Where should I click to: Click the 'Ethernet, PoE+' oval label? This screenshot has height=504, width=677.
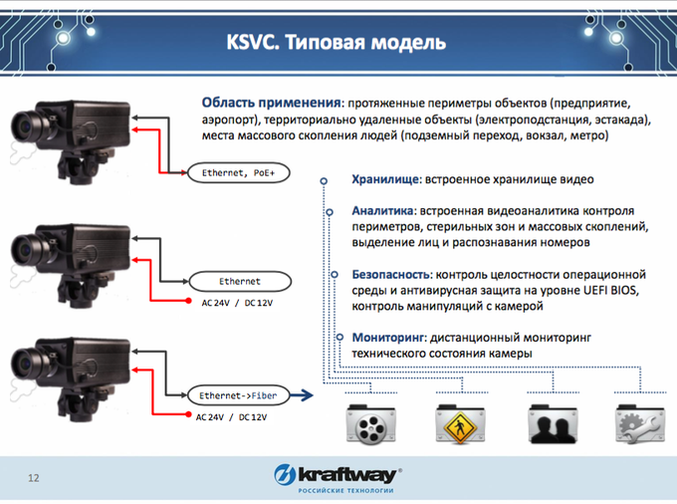(x=238, y=172)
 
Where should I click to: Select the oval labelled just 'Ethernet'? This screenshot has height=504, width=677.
(x=240, y=282)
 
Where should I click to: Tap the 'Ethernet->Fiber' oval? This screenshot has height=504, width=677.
(x=238, y=395)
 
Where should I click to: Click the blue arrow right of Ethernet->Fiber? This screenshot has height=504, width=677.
(x=302, y=394)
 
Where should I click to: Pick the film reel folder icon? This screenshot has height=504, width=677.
(x=371, y=424)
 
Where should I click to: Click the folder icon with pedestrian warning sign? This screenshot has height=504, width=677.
(x=460, y=424)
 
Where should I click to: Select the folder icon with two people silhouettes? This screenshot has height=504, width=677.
(x=553, y=424)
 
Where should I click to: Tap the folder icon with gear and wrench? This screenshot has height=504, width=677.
(x=640, y=424)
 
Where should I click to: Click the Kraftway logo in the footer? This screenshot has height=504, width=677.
(x=338, y=478)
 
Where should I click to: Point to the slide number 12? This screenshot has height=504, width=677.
(x=34, y=478)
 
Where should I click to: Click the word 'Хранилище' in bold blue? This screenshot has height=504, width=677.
(x=384, y=179)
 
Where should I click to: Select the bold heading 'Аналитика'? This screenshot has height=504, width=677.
(x=382, y=211)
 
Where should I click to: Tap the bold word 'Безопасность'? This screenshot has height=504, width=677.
(x=390, y=274)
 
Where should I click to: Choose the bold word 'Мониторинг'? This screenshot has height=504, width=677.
(x=389, y=338)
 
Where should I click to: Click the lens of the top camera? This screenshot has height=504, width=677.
(x=25, y=126)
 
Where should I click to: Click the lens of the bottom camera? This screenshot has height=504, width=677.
(x=25, y=364)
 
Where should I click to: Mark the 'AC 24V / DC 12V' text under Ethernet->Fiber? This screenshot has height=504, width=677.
(x=231, y=417)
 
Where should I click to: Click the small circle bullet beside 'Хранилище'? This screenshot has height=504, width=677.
(x=324, y=180)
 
